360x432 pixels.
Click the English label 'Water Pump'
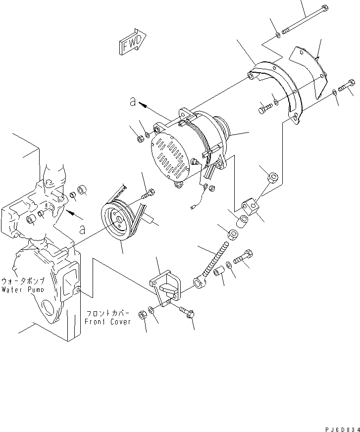point(23,289)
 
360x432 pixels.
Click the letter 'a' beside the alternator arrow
point(132,101)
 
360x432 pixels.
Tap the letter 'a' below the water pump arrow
point(82,230)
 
